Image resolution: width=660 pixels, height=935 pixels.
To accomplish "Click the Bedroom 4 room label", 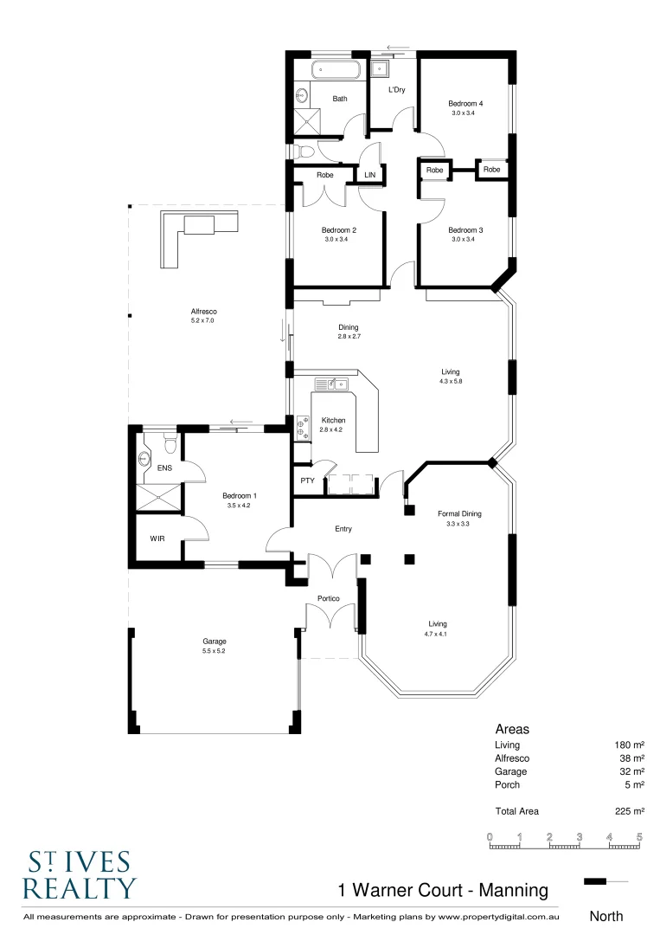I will coord(466,104).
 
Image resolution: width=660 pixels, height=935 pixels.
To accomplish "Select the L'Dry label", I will coord(396,90).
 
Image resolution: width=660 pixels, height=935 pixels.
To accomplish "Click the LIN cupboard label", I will coord(370,175).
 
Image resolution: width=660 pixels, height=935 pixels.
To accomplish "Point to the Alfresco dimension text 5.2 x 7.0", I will coord(202,321).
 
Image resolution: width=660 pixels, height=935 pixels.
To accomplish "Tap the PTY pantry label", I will coord(307,480).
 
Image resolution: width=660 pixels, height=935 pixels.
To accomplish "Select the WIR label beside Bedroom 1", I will coord(157,538).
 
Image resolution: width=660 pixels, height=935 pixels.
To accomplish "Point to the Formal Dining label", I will coord(459,513).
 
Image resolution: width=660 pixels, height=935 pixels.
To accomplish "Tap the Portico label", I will coord(328,599).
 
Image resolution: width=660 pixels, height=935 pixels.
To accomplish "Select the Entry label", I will coord(343,529).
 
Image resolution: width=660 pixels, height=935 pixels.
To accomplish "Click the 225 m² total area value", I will coord(629,811).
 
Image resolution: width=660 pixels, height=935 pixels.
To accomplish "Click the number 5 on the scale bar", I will coord(639,837).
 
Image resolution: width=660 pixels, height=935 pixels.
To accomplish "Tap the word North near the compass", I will coord(606,915).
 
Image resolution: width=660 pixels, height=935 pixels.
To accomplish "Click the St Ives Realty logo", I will coord(79,875).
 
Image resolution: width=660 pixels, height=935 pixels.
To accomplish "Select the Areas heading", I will coord(512,729).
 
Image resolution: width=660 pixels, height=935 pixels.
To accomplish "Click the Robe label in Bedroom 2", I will coord(325,175).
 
